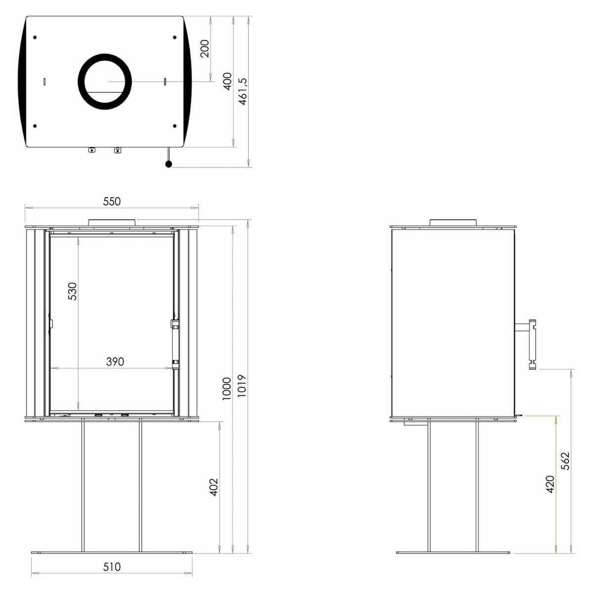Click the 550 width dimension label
click(x=112, y=202)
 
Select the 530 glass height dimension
click(x=72, y=291)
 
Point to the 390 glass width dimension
click(x=115, y=362)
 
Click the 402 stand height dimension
click(x=213, y=487)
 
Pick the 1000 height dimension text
click(x=227, y=389)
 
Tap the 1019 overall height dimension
click(x=242, y=385)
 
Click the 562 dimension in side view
click(x=565, y=461)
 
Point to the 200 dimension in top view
click(x=205, y=48)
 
